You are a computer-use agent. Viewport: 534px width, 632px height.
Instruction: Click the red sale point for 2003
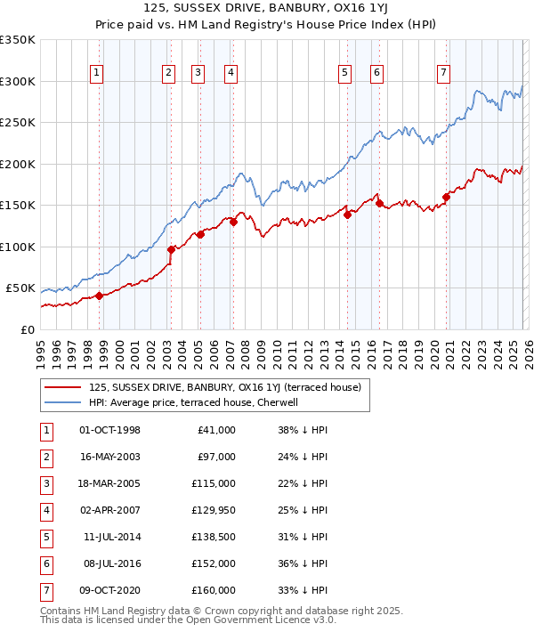(x=171, y=250)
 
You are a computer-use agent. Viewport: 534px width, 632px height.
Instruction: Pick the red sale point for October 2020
(x=446, y=198)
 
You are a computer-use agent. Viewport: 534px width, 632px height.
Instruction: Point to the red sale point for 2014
(x=347, y=214)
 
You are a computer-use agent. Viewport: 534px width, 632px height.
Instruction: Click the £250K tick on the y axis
(x=18, y=123)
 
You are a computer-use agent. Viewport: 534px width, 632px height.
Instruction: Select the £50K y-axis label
(x=20, y=288)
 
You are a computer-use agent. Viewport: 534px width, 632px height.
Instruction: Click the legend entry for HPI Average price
(x=196, y=402)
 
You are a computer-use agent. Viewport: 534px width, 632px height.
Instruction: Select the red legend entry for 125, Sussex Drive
(x=224, y=387)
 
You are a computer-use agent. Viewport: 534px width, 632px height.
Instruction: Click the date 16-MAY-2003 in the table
(x=109, y=458)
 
